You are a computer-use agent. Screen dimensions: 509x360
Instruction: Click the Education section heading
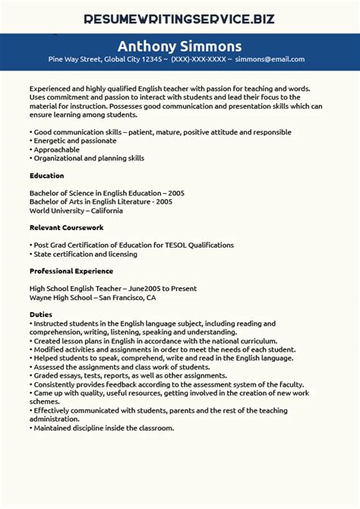click(46, 175)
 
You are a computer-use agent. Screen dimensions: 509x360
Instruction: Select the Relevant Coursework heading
click(66, 227)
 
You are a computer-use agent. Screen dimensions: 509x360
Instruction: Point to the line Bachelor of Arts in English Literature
click(101, 201)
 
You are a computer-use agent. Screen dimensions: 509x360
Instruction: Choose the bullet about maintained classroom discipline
click(103, 428)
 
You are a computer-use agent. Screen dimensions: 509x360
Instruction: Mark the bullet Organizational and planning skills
click(88, 158)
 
